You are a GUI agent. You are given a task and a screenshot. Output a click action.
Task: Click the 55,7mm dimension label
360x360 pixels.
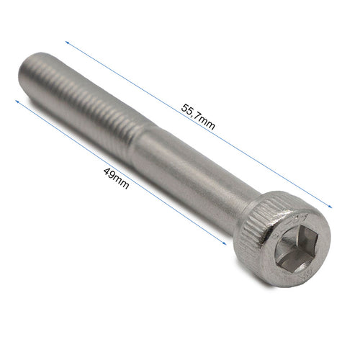198,117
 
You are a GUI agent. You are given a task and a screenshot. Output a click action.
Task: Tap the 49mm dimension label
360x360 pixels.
116,179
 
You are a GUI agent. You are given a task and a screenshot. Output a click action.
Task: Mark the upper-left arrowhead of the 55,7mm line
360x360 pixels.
67,42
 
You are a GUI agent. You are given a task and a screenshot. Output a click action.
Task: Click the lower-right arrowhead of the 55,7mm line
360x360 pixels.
330,206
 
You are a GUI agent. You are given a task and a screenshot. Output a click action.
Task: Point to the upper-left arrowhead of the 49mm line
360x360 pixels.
17,102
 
